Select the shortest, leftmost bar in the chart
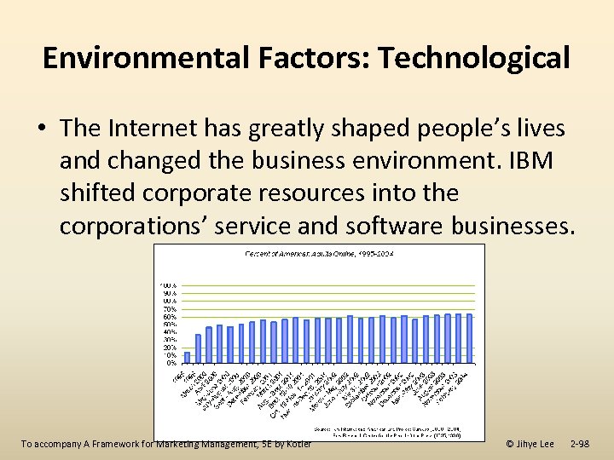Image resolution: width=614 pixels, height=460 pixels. tap(187, 357)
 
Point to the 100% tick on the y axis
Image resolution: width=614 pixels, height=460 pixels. tap(169, 285)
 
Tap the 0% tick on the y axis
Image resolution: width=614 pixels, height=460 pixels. tap(171, 363)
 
